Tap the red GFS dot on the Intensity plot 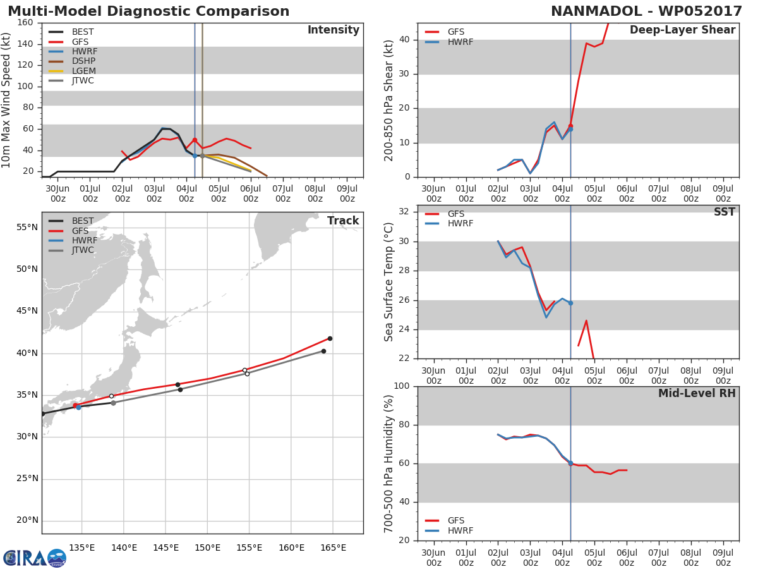pos(195,140)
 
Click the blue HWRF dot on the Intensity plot pos(195,156)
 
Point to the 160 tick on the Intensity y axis pos(25,23)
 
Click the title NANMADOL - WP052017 pos(646,11)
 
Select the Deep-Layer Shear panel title pos(682,30)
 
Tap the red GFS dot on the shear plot pos(570,126)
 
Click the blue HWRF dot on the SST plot pos(570,303)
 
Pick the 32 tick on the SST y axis pos(404,211)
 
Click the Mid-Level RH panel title pos(697,393)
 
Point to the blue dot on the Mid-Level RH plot pos(570,463)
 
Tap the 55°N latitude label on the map pos(27,227)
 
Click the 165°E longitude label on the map pos(333,548)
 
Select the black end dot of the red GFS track pos(330,339)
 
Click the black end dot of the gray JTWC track pos(323,352)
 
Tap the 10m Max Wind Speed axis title pos(6,100)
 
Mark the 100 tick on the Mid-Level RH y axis pos(402,386)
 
